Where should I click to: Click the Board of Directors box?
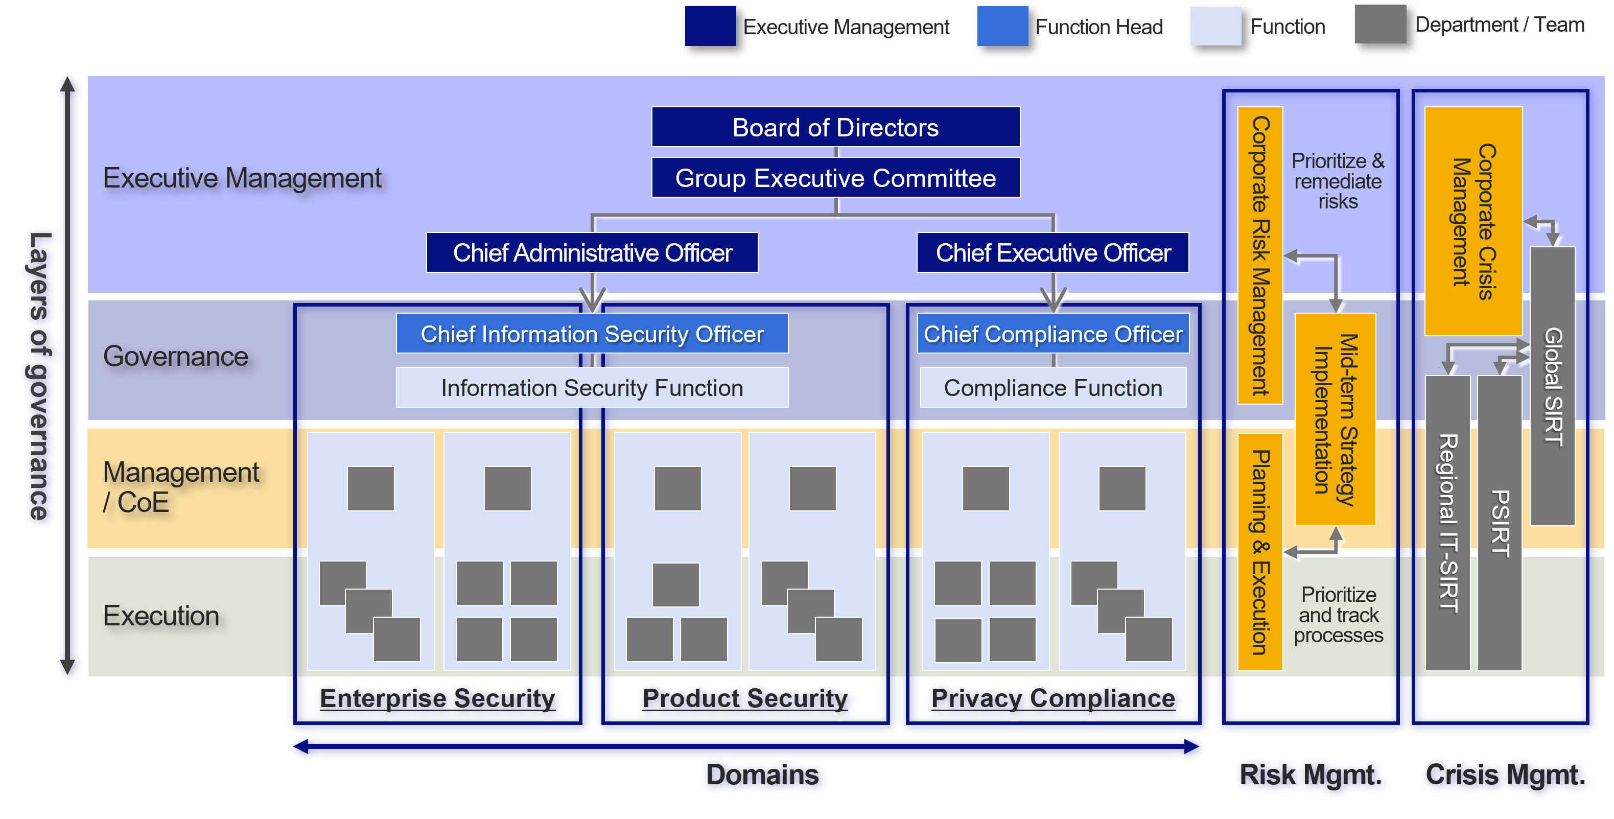click(x=835, y=127)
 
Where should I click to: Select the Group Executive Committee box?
click(x=835, y=178)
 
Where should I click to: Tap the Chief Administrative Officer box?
click(x=592, y=252)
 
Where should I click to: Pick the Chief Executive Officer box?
click(x=1052, y=252)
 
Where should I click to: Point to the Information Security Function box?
click(x=592, y=387)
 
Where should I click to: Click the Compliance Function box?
click(x=1052, y=387)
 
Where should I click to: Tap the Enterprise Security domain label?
click(x=437, y=698)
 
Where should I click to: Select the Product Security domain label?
click(x=745, y=698)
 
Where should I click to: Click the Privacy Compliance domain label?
click(x=1052, y=698)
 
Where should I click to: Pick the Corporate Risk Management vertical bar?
click(x=1260, y=255)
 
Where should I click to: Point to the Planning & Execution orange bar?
click(x=1260, y=551)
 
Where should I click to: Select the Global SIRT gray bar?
click(x=1552, y=385)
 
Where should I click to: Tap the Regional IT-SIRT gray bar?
click(x=1447, y=523)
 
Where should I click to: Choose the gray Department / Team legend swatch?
click(x=1381, y=25)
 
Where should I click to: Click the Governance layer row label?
click(x=175, y=357)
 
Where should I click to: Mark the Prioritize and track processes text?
click(x=1338, y=615)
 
